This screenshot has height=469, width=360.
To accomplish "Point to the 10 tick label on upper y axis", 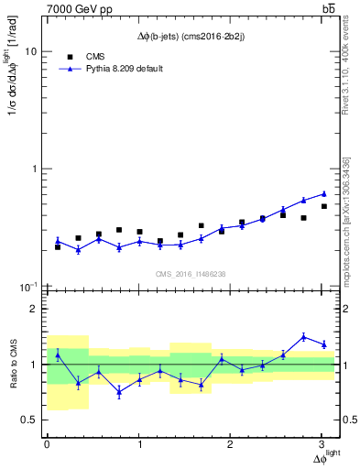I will pos(30,52).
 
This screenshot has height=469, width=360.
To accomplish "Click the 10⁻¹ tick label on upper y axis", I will pos(28,288).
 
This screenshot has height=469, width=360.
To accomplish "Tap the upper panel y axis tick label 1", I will pos(34,169).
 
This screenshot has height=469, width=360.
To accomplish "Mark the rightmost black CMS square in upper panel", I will pos(324,206).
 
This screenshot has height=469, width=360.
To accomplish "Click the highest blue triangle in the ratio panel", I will pos(304,336).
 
